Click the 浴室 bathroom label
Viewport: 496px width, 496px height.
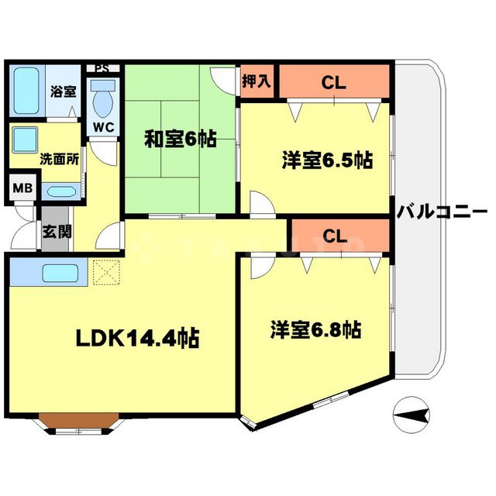(x=64, y=91)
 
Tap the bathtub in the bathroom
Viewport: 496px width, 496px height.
(x=28, y=91)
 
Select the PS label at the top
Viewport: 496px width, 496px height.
(x=102, y=67)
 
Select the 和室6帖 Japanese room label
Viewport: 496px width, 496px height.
(x=180, y=139)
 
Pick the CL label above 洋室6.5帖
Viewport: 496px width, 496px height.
(x=334, y=81)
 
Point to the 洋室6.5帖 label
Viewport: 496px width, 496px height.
(x=326, y=161)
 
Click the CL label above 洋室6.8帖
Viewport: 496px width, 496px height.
(x=334, y=236)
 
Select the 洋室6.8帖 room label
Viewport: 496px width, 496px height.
(x=315, y=329)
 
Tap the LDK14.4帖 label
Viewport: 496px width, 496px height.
(x=137, y=337)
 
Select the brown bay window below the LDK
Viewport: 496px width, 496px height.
(x=77, y=422)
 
